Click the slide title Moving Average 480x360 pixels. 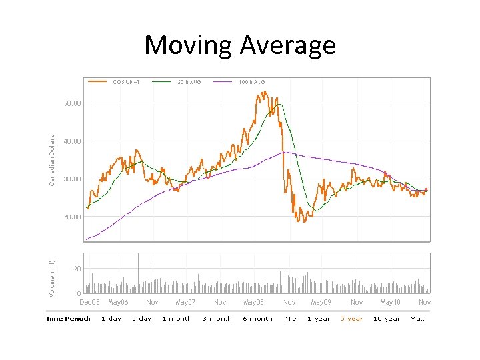pos(240,45)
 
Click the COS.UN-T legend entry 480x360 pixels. pos(126,82)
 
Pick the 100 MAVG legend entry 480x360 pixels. pos(252,82)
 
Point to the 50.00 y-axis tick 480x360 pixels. pos(72,104)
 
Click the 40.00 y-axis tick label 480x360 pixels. pos(72,141)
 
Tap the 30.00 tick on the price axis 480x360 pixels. pos(72,179)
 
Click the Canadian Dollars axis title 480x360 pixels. pos(53,158)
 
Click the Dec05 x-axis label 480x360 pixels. pos(89,303)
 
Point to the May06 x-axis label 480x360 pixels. pos(119,303)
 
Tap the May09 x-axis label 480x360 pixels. pos(321,303)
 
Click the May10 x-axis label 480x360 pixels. pos(390,303)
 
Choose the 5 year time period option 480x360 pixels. pos(351,319)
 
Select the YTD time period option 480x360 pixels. pos(290,319)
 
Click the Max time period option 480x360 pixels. pos(417,319)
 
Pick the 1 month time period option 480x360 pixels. pos(177,319)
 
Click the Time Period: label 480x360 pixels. pos(68,319)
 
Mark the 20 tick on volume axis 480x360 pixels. pos(78,269)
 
